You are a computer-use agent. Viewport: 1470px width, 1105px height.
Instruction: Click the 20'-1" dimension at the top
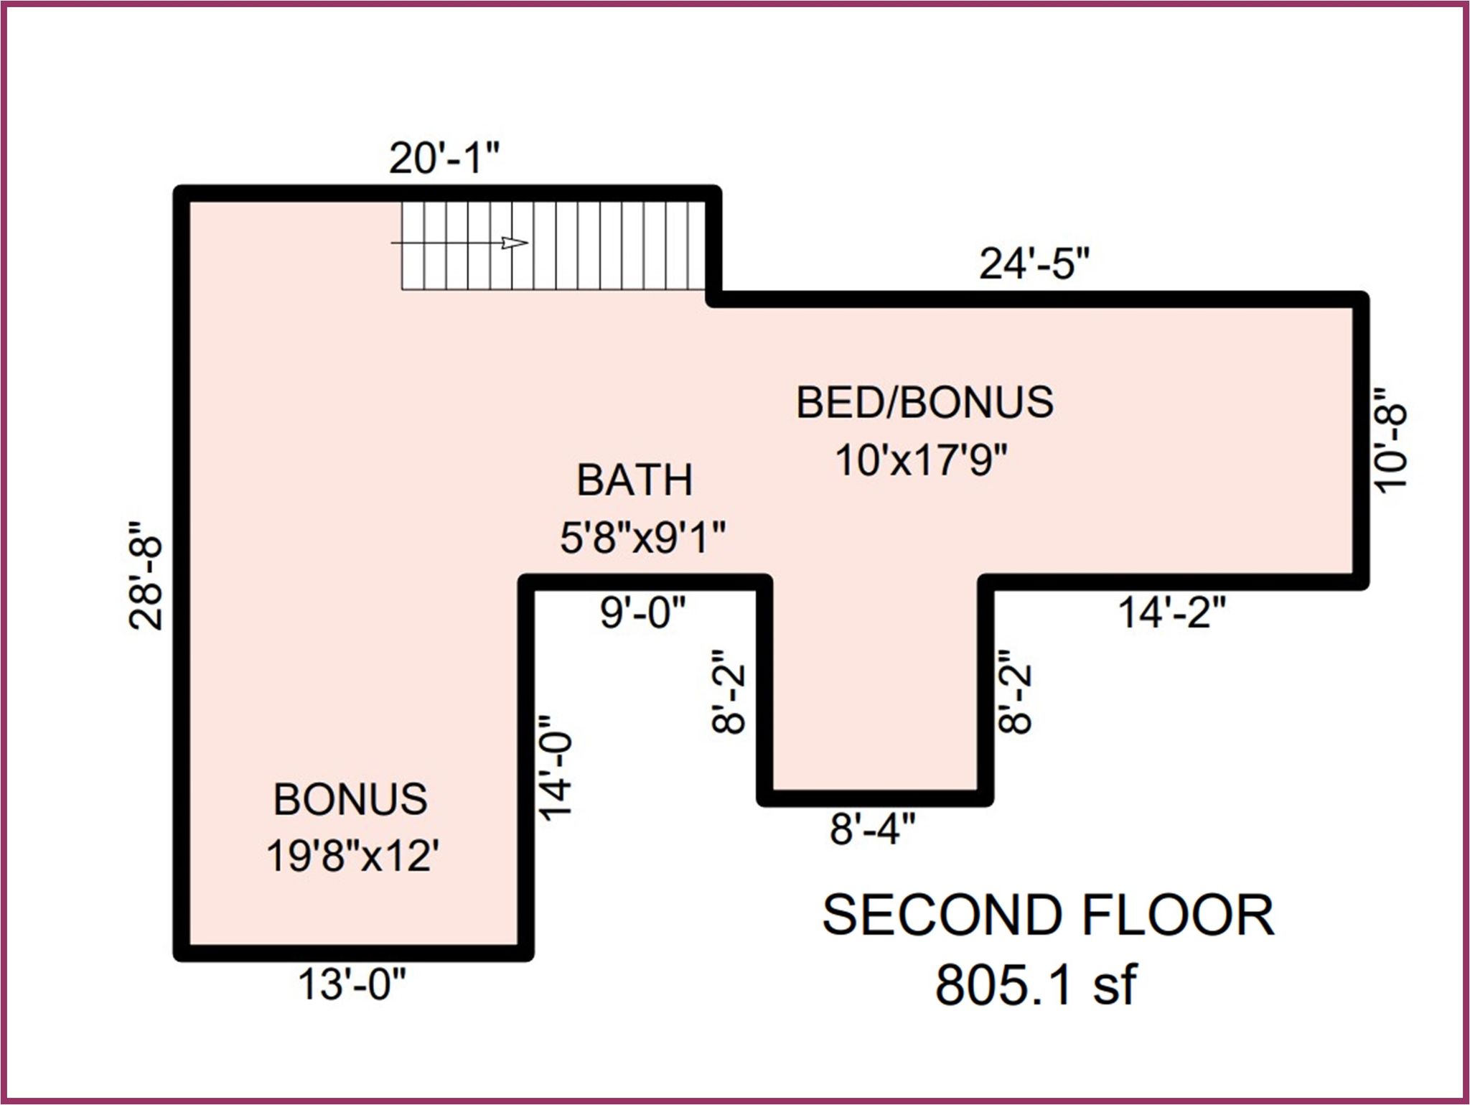click(x=444, y=158)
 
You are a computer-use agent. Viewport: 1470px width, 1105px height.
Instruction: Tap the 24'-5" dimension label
click(x=1034, y=264)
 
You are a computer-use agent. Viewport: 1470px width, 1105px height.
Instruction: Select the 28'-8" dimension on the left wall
click(x=146, y=575)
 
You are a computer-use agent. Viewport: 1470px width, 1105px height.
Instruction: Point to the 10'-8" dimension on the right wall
click(x=1390, y=439)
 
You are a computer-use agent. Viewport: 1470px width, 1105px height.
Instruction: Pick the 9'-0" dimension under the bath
click(x=643, y=613)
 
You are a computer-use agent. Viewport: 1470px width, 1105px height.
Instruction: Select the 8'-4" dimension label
click(x=873, y=829)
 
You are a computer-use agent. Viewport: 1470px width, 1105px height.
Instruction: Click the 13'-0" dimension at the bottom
click(x=352, y=984)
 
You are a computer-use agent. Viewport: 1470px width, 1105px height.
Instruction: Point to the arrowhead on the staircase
click(x=515, y=243)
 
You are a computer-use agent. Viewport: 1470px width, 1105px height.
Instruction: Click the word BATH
click(x=635, y=480)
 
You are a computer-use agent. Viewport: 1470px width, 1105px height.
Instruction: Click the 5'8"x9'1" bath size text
click(x=643, y=537)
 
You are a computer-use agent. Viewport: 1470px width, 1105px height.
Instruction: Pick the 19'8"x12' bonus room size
click(x=352, y=856)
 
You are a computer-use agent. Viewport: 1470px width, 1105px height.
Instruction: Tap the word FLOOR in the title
click(x=1178, y=915)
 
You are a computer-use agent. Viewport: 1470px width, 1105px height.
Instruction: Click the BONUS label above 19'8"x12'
click(x=350, y=798)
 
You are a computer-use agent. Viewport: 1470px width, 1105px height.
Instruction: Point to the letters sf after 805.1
click(x=1115, y=984)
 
